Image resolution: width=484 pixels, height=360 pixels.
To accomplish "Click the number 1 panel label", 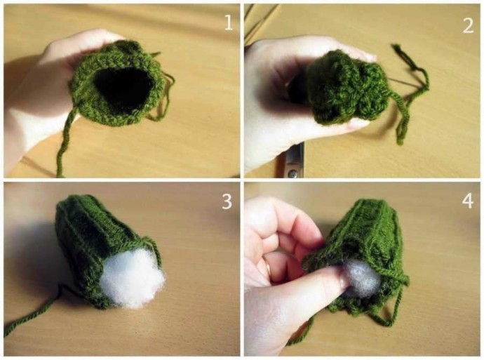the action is (229, 22).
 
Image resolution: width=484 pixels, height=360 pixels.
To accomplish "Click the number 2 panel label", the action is (469, 25).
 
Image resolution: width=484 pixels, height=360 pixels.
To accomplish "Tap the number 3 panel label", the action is (227, 201).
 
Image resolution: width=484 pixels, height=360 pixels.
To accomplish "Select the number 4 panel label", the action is (468, 201).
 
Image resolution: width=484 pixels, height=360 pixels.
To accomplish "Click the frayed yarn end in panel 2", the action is (398, 49).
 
